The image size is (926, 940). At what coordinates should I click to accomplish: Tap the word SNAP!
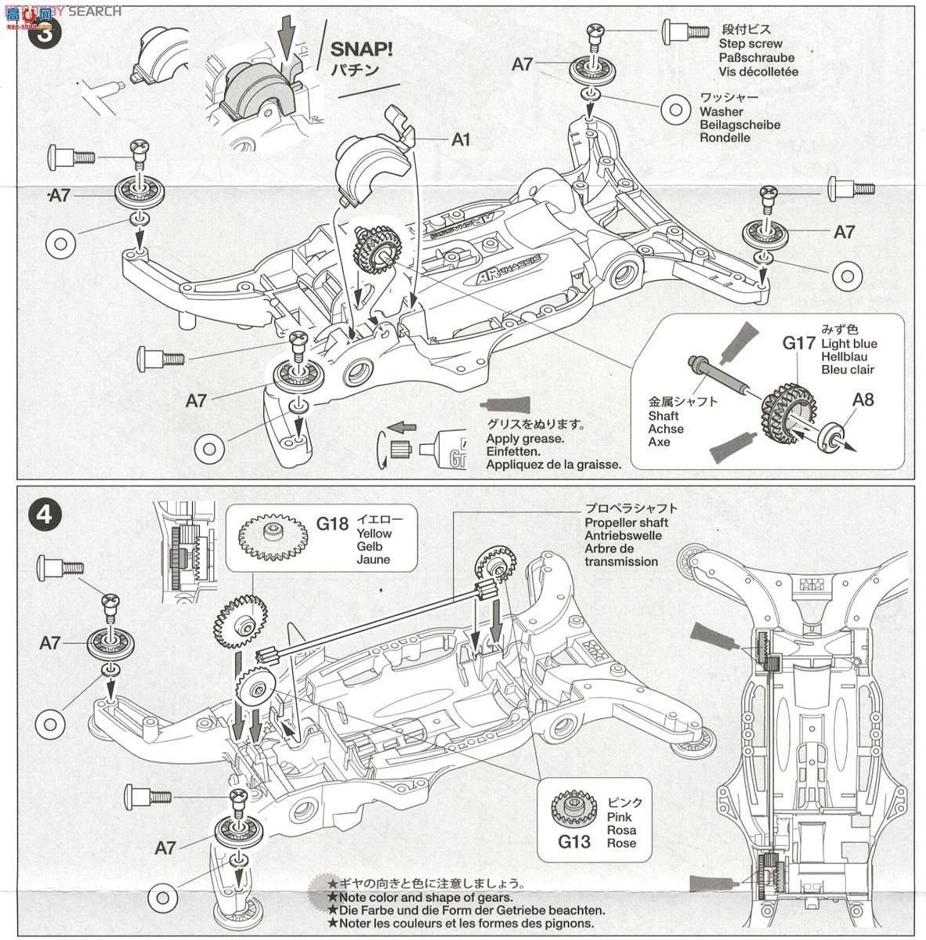361,49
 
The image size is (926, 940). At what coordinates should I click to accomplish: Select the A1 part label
461,139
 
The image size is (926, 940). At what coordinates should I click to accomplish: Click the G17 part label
798,342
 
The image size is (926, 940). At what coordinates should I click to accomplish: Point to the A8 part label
863,399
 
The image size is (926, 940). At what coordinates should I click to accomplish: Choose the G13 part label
573,842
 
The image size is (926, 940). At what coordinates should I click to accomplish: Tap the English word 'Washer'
722,112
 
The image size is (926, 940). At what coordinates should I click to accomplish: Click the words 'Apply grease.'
525,439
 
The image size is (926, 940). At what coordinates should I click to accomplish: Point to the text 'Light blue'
848,344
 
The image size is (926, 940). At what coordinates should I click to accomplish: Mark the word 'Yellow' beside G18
374,533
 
